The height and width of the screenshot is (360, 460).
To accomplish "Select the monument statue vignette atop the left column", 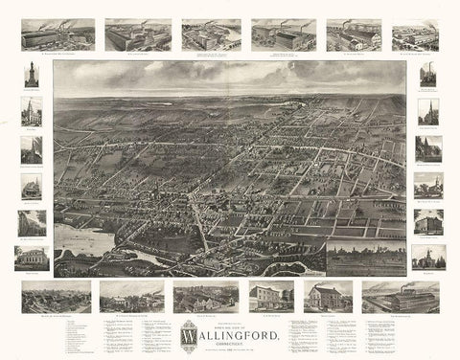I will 31,75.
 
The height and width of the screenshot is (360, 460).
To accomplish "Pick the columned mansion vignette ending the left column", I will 31,257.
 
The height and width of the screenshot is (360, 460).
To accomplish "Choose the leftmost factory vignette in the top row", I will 53,36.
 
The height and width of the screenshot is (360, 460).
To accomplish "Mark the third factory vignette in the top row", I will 205,36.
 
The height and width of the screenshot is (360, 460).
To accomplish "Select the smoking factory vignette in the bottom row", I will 399,297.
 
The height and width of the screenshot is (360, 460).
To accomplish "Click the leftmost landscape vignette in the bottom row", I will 54,297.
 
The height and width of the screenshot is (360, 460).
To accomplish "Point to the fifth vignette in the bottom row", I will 331,297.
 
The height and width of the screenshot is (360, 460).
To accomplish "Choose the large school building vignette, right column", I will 427,220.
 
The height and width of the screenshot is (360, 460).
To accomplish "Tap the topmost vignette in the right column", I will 427,75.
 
